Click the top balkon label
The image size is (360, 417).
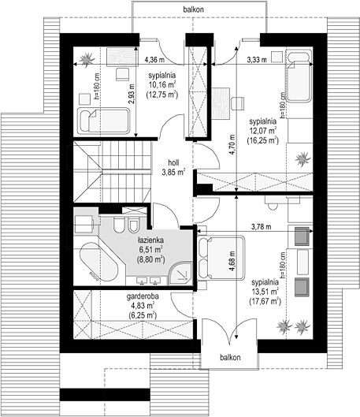194,9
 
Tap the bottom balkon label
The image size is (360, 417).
230,357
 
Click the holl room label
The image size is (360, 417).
173,162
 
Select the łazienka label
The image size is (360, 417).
151,240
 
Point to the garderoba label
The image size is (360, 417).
143,296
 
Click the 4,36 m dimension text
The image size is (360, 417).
154,60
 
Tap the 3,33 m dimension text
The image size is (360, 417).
257,60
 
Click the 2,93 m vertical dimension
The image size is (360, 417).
132,94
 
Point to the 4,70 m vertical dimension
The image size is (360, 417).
232,145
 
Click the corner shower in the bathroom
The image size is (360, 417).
180,273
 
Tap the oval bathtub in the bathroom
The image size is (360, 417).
98,262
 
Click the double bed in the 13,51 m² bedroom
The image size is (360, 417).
221,258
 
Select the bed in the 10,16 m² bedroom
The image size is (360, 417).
104,121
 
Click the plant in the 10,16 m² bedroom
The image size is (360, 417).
87,59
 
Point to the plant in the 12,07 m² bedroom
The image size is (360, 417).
302,158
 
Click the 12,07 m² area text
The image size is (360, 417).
263,131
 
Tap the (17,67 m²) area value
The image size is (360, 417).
265,301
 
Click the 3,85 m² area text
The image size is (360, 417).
173,172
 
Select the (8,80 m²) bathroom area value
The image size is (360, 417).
151,259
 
